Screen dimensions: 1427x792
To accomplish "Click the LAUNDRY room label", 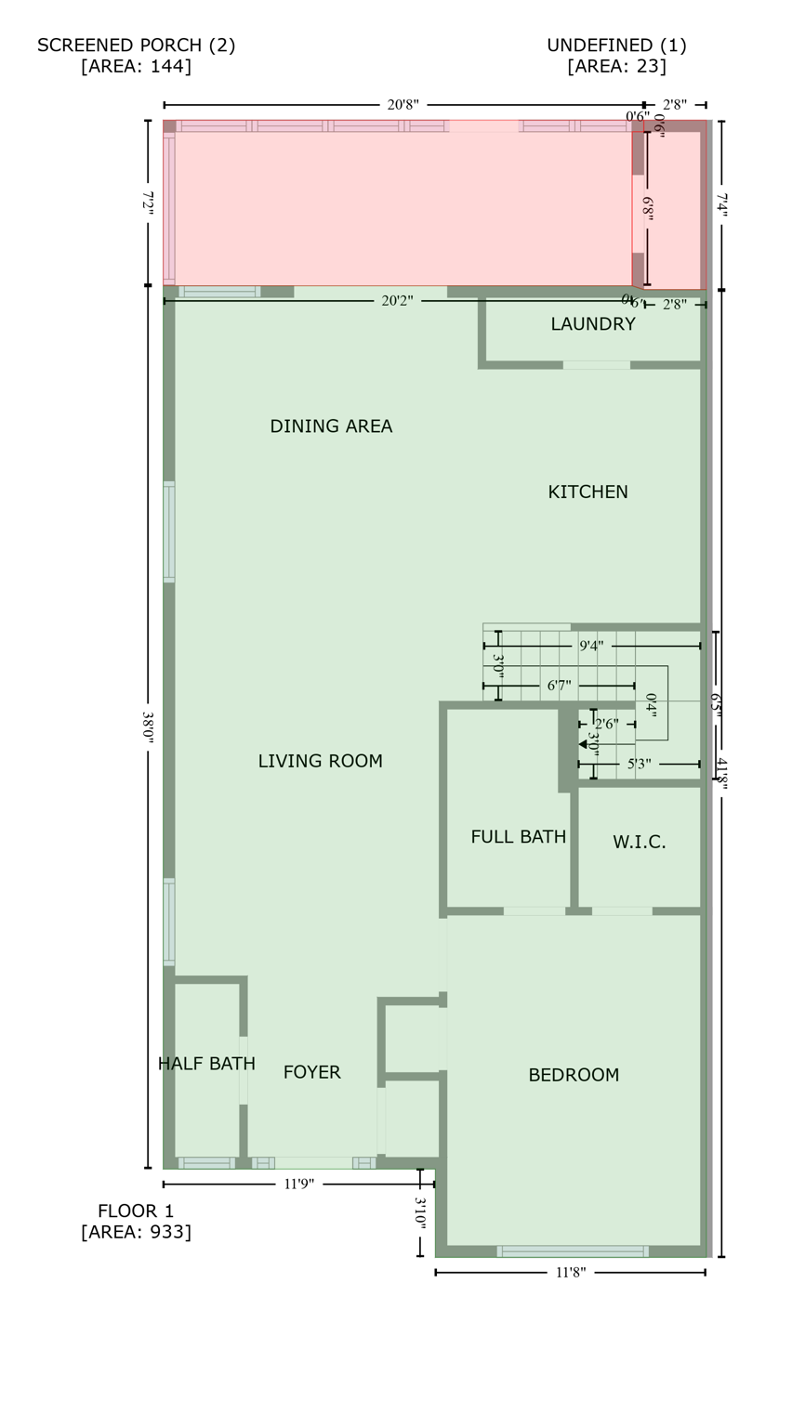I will tap(592, 324).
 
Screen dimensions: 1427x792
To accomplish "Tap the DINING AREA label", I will tap(331, 426).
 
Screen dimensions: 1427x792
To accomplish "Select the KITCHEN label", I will tap(587, 492).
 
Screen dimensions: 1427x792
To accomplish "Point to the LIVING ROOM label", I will tap(320, 762).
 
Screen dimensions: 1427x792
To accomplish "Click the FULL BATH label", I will tap(518, 837).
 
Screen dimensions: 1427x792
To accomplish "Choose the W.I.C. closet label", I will tap(639, 843).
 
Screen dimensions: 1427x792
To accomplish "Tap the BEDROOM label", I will tap(574, 1075).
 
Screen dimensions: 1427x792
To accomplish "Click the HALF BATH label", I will tap(206, 1064).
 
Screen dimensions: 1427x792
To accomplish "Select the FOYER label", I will tap(311, 1072).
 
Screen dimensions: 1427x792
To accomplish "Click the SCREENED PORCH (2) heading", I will tap(136, 46).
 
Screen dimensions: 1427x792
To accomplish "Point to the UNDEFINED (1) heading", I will tap(616, 46).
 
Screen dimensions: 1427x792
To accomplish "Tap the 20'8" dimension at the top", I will tap(403, 105).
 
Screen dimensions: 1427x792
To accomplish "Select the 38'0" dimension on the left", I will tap(148, 726).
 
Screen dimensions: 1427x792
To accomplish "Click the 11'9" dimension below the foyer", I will tap(298, 1185).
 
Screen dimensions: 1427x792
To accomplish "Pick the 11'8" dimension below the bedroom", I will tap(570, 1273).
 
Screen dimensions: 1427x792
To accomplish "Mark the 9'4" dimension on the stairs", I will tap(591, 646).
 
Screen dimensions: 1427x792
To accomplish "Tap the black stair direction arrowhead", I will tap(583, 744).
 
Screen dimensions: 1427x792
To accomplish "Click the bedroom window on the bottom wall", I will tap(573, 1251).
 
